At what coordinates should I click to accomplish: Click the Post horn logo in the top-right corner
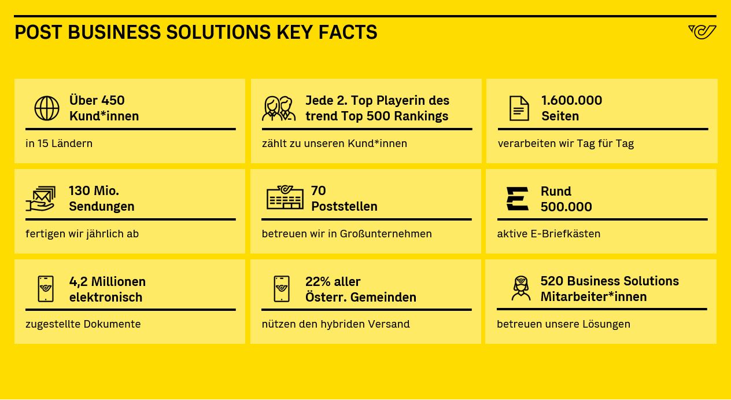tap(702, 32)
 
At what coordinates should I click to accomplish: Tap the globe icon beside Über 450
tap(47, 108)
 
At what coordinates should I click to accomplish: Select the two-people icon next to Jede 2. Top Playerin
tap(279, 108)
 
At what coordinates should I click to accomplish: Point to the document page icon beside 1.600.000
tap(519, 108)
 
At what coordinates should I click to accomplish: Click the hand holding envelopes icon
tap(40, 199)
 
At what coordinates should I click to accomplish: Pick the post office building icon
tap(285, 197)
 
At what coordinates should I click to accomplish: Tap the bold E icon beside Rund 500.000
tap(517, 199)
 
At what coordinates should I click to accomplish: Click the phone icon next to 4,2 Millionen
tap(46, 289)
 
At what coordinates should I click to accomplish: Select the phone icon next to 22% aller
tap(282, 289)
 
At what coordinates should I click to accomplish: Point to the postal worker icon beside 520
tap(521, 288)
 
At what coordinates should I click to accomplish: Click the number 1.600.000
tap(571, 100)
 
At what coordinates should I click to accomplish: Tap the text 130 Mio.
tap(94, 190)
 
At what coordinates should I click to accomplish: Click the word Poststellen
tap(344, 206)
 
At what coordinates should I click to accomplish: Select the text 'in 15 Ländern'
tap(59, 144)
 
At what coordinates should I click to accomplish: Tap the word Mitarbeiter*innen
tap(593, 296)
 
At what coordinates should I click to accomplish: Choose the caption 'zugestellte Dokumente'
tap(83, 324)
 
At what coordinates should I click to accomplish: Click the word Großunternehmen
tap(386, 234)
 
